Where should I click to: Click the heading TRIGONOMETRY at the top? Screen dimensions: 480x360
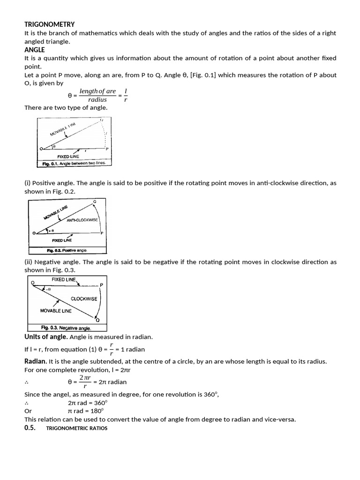coord(49,24)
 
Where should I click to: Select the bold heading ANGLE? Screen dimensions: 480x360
coord(35,50)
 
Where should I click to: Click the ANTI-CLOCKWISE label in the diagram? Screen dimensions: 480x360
coord(82,220)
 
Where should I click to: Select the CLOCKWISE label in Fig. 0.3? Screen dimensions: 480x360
coord(84,299)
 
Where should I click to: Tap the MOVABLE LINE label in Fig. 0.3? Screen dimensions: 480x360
coord(56,311)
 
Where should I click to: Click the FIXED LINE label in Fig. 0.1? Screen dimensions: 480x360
coord(68,156)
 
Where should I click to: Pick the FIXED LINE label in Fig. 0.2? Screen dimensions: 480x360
coord(62,240)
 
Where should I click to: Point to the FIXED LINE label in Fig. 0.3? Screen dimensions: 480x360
coord(64,279)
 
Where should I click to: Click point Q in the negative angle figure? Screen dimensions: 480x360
coord(97,320)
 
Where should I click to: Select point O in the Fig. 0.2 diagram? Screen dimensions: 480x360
coord(34,233)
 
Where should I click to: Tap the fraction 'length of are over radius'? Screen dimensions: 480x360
coord(97,95)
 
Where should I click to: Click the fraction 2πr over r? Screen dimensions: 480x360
coord(84,382)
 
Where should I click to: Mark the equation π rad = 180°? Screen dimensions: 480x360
coord(86,411)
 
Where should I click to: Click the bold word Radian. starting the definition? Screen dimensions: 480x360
coord(35,361)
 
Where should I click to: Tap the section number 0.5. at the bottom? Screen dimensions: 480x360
coord(30,427)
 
